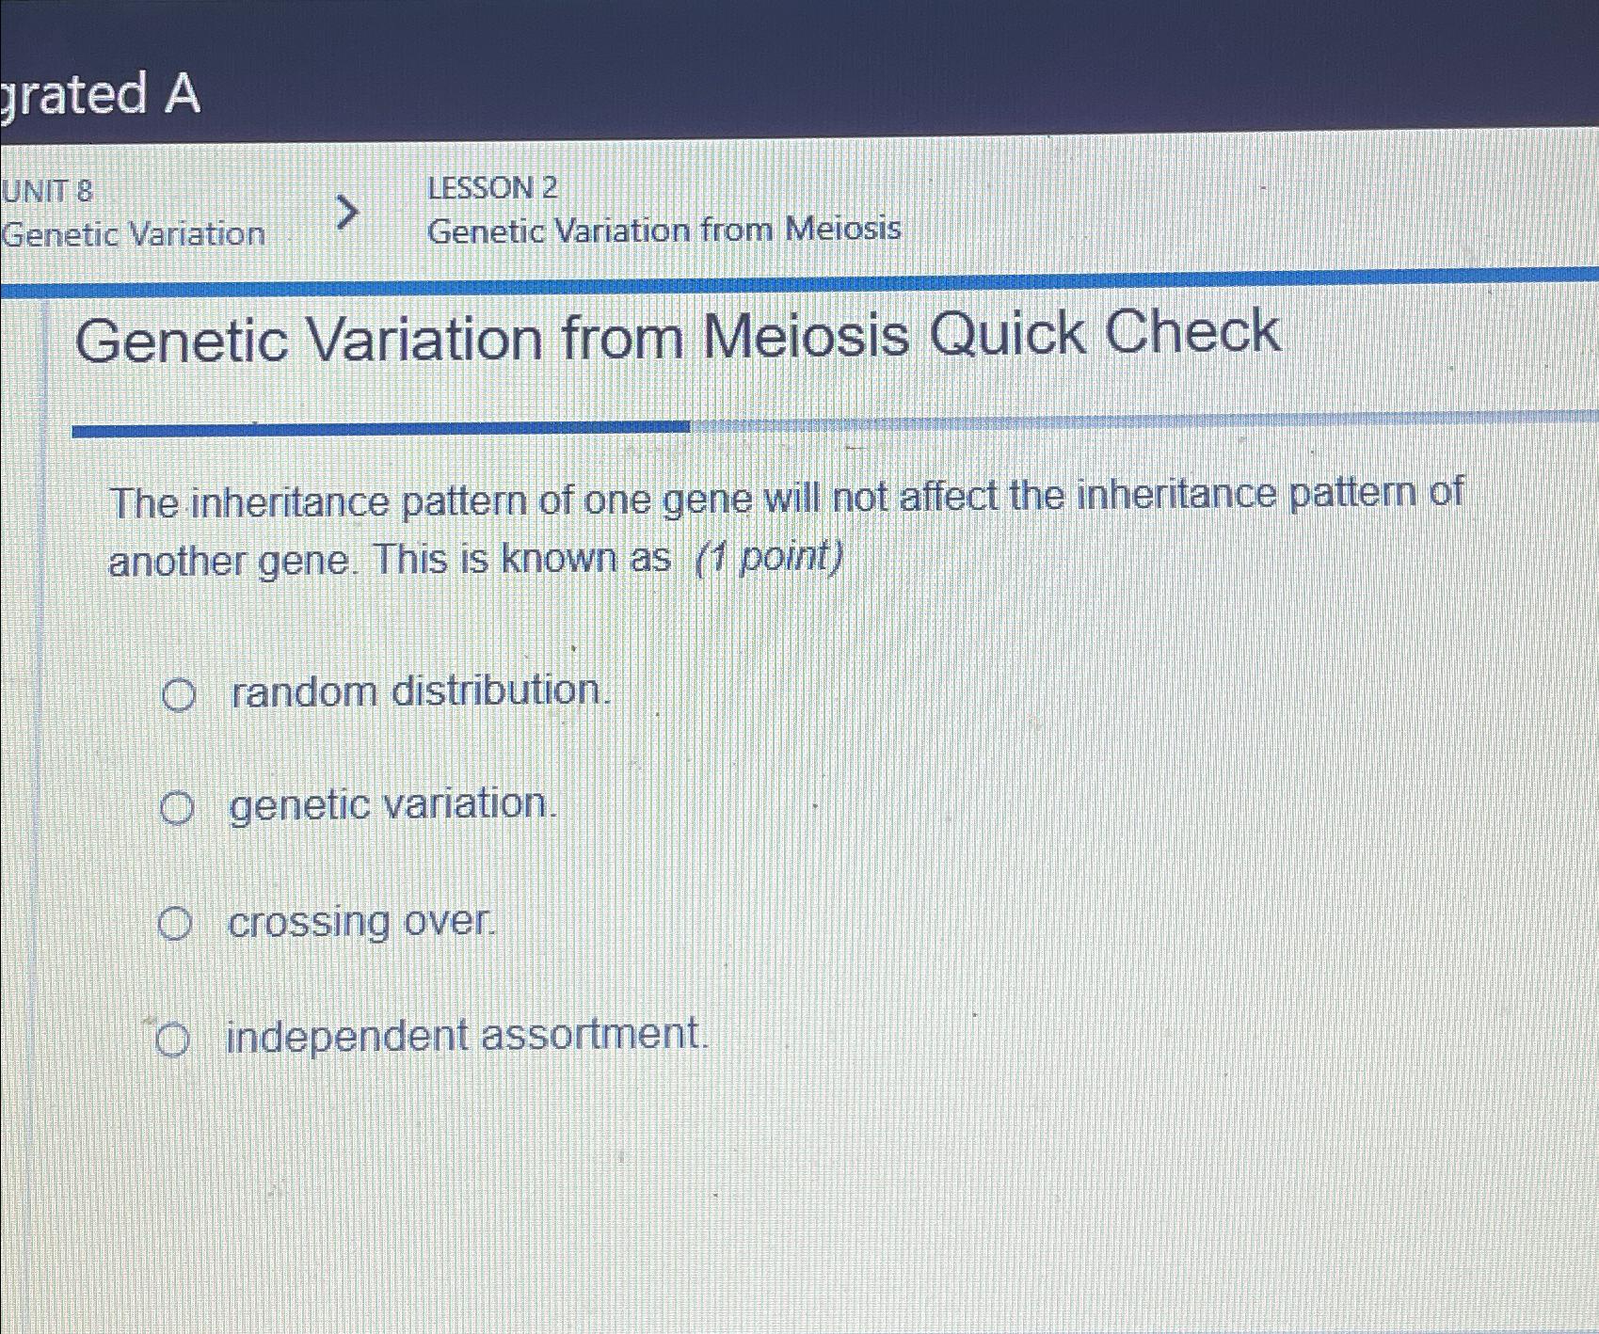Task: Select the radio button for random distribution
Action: tap(178, 695)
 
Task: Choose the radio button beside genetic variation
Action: tap(176, 808)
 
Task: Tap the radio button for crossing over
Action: tap(174, 924)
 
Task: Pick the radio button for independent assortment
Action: tap(172, 1040)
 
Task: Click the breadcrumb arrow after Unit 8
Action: tap(346, 213)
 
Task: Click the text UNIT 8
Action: tap(47, 191)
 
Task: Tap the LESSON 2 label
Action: tap(492, 188)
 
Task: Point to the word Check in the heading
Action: tap(1192, 332)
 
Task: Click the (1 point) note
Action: tap(768, 558)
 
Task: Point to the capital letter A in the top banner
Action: tap(181, 94)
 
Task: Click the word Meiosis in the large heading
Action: tap(807, 337)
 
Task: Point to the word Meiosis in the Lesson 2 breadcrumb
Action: tap(843, 229)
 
